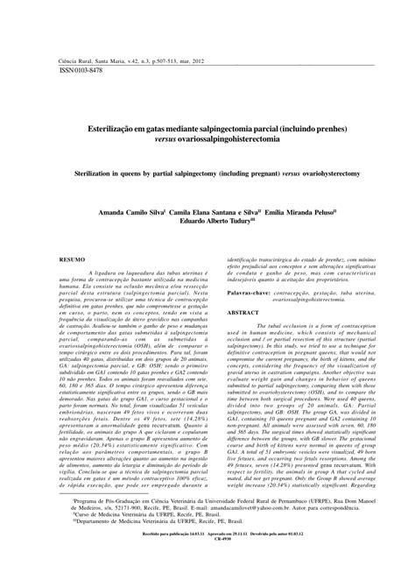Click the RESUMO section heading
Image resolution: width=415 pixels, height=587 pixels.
tap(71, 260)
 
